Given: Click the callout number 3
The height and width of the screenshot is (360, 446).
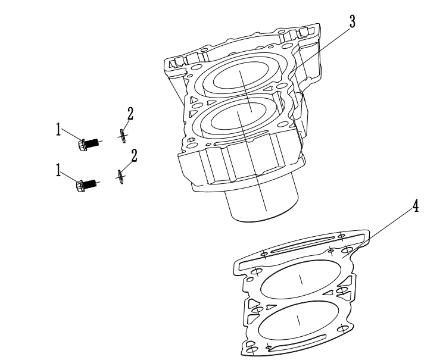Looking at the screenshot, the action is [x=353, y=22].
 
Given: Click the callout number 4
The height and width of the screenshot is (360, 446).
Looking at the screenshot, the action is [x=416, y=206].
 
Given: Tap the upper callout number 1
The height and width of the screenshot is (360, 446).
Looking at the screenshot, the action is [x=58, y=130].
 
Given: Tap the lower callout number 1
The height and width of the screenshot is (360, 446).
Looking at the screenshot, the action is [x=58, y=171].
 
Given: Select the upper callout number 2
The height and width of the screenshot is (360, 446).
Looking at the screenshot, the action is [x=130, y=114].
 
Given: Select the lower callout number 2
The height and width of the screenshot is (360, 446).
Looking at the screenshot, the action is [x=134, y=156].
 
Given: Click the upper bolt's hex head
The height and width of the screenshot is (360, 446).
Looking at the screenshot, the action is [x=82, y=145].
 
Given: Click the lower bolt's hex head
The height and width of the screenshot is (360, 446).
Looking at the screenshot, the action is [x=80, y=186].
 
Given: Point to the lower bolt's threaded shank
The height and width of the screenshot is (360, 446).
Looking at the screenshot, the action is [x=91, y=183].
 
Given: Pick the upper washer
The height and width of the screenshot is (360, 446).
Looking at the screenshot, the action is [x=123, y=136].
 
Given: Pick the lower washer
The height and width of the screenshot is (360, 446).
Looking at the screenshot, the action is [x=121, y=177].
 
